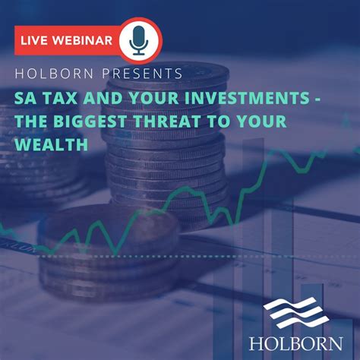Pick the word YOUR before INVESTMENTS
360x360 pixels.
pyautogui.click(x=166, y=98)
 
